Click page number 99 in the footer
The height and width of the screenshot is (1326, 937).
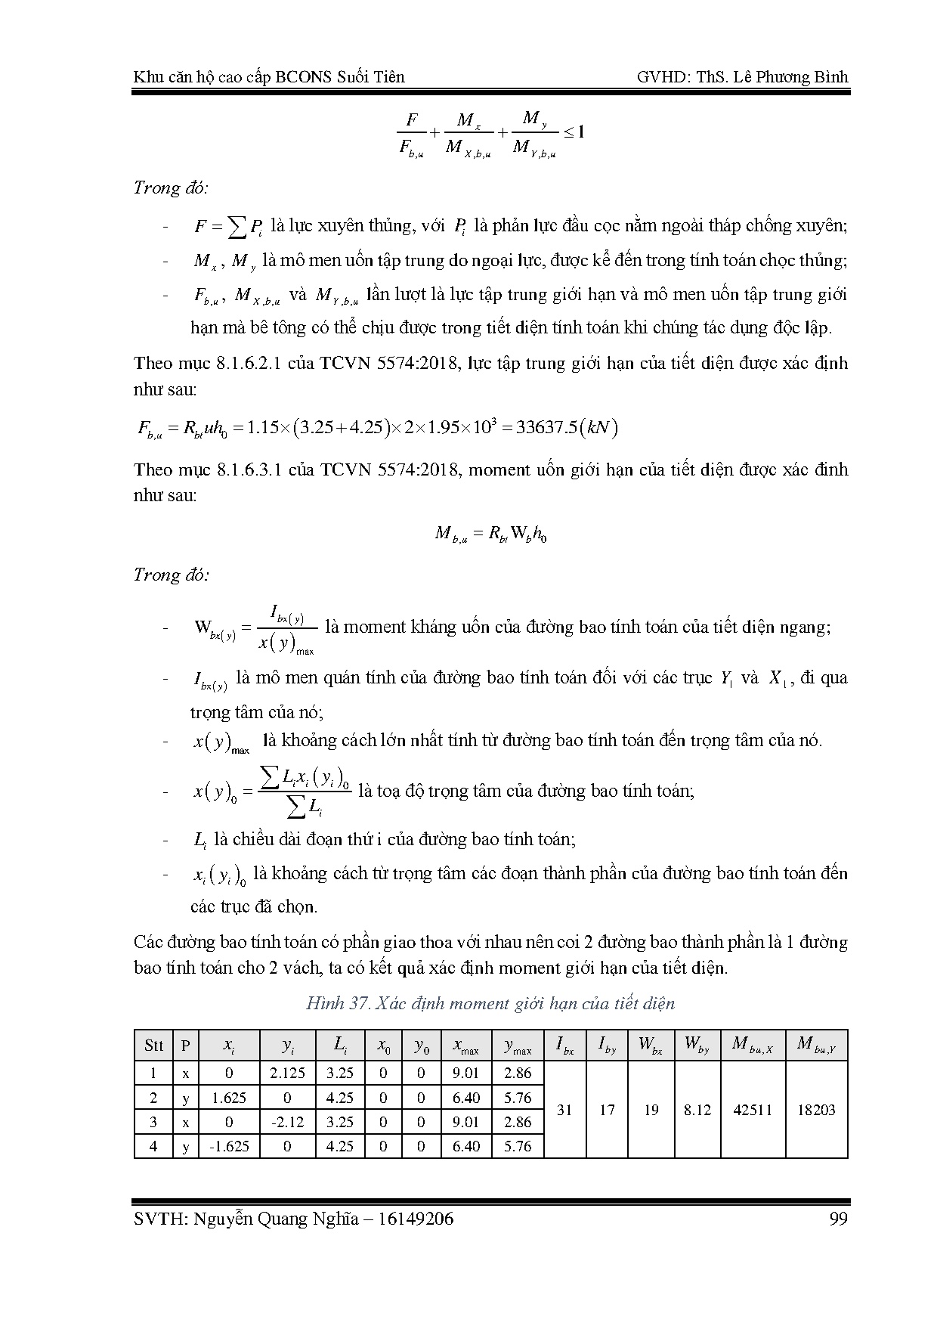coord(838,1219)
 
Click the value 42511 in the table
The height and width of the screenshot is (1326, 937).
coord(753,1110)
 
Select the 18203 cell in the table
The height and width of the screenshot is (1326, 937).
coord(816,1110)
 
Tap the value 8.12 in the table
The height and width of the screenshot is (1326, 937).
coord(697,1110)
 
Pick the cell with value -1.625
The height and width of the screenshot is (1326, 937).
coord(229,1146)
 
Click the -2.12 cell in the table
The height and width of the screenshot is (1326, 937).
coord(287,1122)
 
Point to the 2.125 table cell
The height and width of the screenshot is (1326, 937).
coord(287,1073)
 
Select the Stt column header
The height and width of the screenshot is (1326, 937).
coord(153,1046)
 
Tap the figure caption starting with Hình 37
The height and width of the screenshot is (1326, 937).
coord(490,1003)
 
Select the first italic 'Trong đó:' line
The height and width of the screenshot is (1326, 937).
coord(171,187)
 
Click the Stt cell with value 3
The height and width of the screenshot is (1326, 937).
coord(153,1122)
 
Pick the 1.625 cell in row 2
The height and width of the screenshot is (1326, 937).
coord(229,1098)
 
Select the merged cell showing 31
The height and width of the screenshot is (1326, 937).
coord(564,1110)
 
